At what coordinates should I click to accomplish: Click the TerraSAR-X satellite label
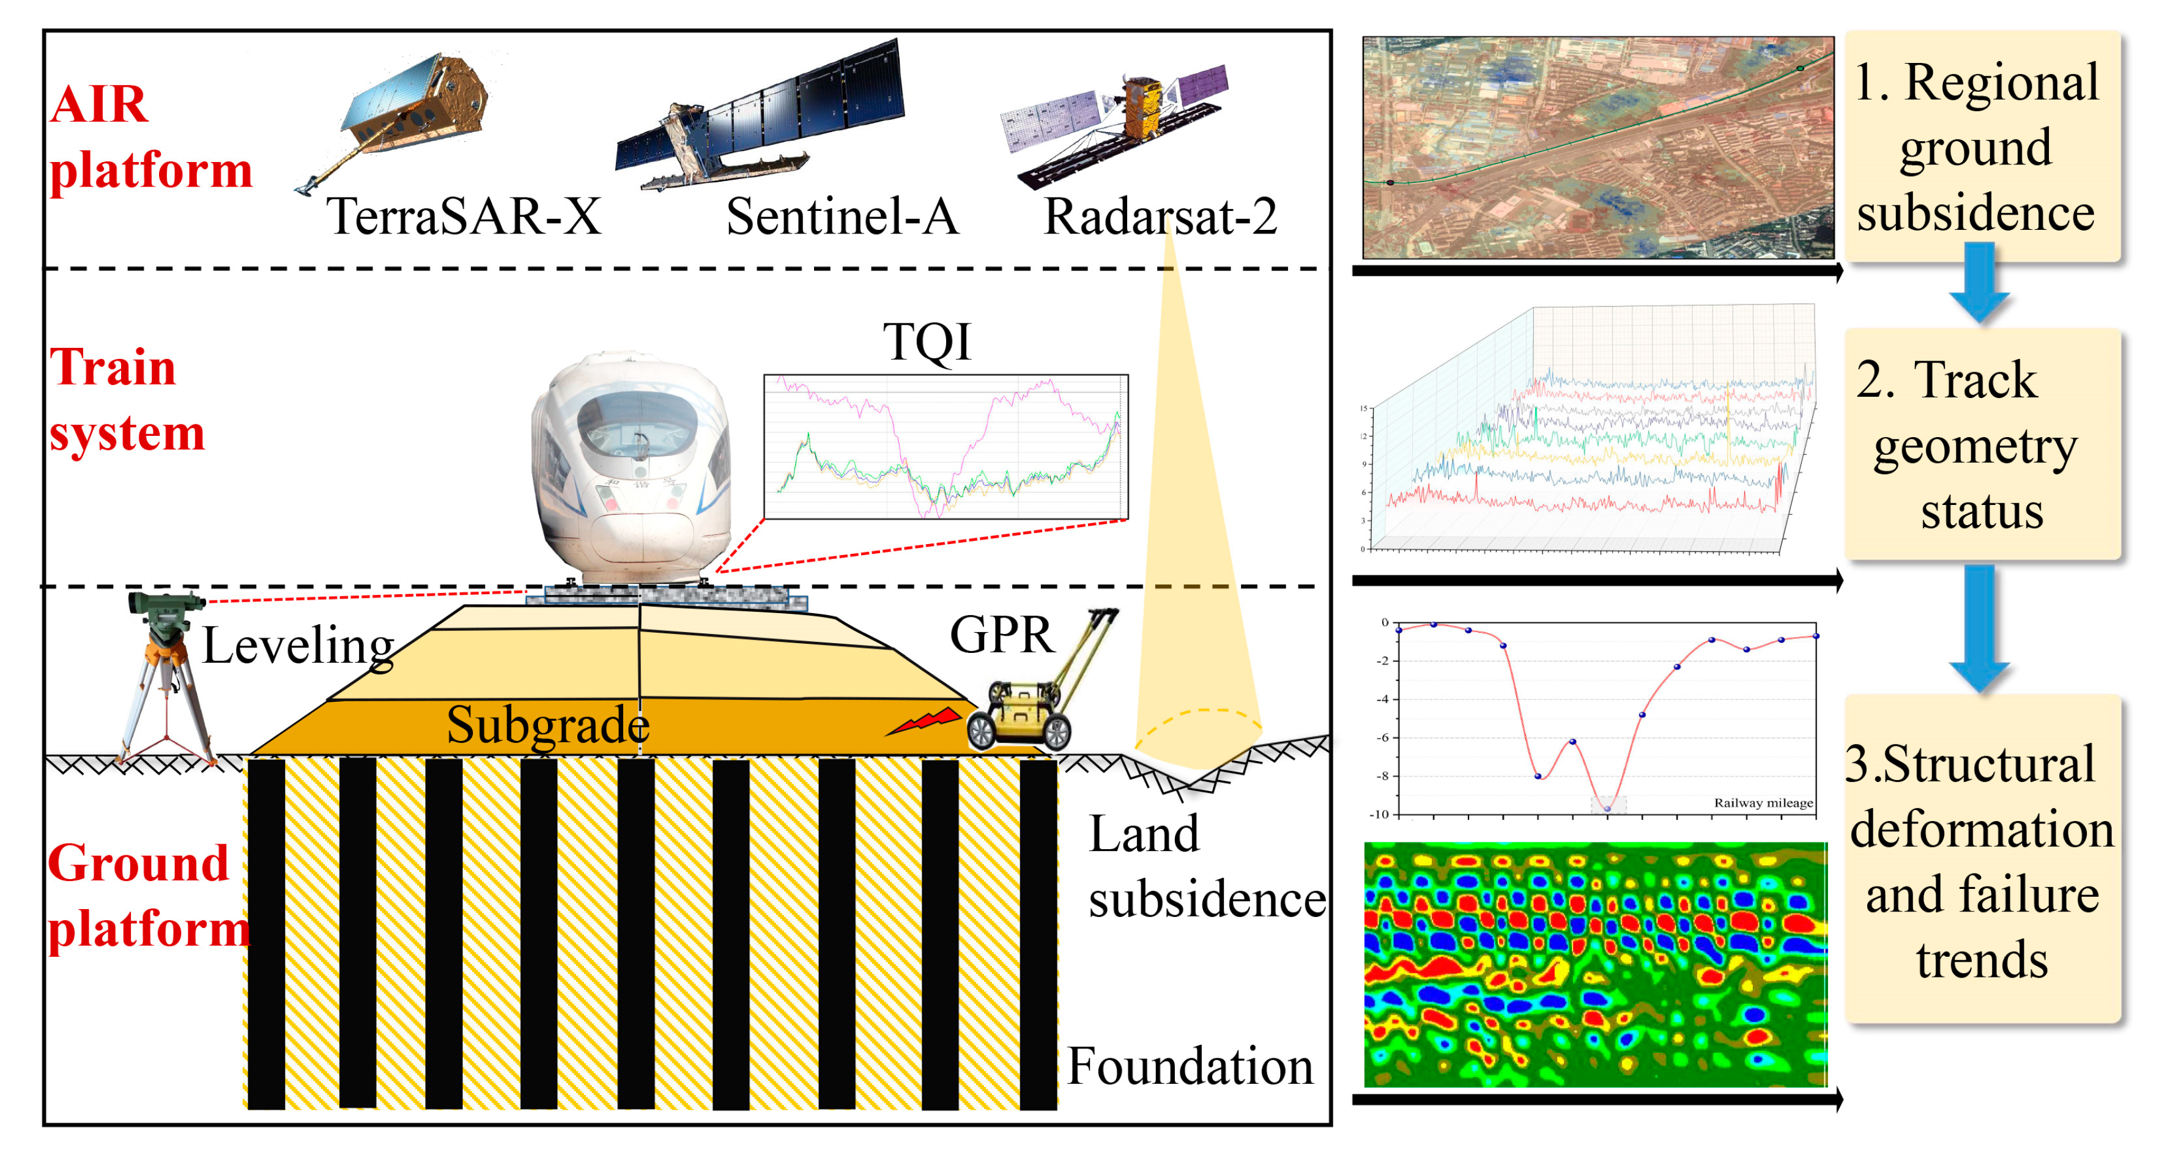[464, 216]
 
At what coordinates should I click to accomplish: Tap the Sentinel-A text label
[842, 216]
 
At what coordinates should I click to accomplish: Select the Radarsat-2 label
[1160, 216]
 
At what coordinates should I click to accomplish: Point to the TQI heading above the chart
[927, 342]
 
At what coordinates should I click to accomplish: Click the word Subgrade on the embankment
[547, 725]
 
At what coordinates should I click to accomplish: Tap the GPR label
[1001, 635]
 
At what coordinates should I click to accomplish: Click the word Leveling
[298, 646]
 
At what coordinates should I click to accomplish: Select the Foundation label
[1190, 1067]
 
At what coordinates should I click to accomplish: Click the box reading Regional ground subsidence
[1982, 147]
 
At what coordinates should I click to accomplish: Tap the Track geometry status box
[1982, 445]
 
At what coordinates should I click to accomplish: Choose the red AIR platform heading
[149, 137]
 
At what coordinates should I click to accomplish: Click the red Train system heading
[126, 400]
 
